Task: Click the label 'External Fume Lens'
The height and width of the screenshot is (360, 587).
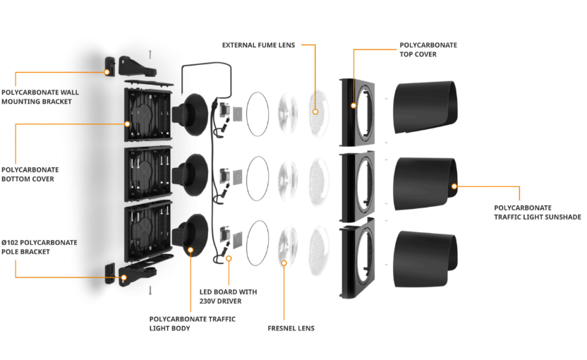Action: point(258,45)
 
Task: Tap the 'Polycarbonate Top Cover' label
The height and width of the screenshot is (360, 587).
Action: point(428,49)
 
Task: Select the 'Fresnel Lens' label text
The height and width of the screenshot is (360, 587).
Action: point(291,328)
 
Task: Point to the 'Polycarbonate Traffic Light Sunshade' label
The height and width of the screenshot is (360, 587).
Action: point(537,212)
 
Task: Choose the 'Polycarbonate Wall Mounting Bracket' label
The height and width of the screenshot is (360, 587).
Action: point(40,97)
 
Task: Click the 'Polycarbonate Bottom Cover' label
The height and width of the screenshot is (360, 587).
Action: point(30,174)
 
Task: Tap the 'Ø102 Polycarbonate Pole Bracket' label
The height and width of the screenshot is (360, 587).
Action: point(40,247)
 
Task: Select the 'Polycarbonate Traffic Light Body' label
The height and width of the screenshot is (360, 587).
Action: point(192,323)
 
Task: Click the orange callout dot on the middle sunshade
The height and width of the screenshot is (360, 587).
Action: point(454,187)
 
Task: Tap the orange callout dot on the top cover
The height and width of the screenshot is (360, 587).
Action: point(352,106)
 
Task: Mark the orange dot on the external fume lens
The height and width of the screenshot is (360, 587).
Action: point(315,111)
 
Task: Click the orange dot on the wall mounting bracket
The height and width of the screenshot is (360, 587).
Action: point(107,71)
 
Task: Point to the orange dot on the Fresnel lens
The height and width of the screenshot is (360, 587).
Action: point(284,263)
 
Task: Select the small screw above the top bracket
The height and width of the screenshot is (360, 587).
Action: point(150,53)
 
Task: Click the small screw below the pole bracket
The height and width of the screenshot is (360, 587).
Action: point(150,289)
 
